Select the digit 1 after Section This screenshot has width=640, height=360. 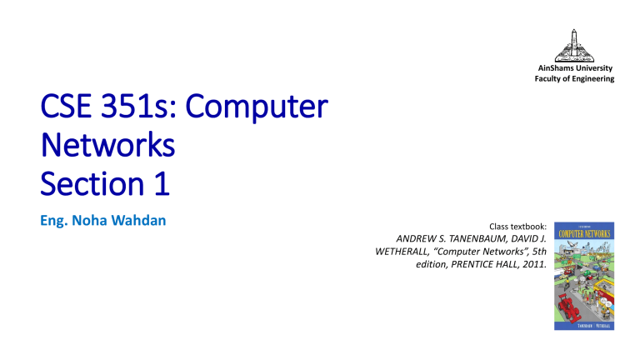tap(160, 184)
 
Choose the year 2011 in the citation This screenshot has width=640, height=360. tap(532, 267)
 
